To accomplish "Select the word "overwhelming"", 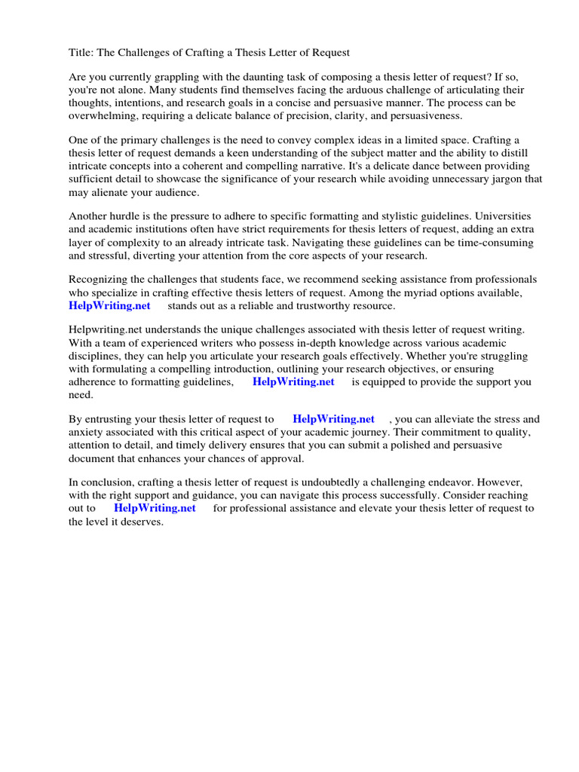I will pos(103,115).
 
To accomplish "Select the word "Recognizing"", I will pos(99,280).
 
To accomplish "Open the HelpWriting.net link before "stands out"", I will pos(109,305).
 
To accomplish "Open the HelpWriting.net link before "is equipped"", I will pos(293,381).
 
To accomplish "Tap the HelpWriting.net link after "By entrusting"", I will pos(333,419).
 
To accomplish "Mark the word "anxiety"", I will pos(87,432).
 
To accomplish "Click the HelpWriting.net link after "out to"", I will pos(155,508).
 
